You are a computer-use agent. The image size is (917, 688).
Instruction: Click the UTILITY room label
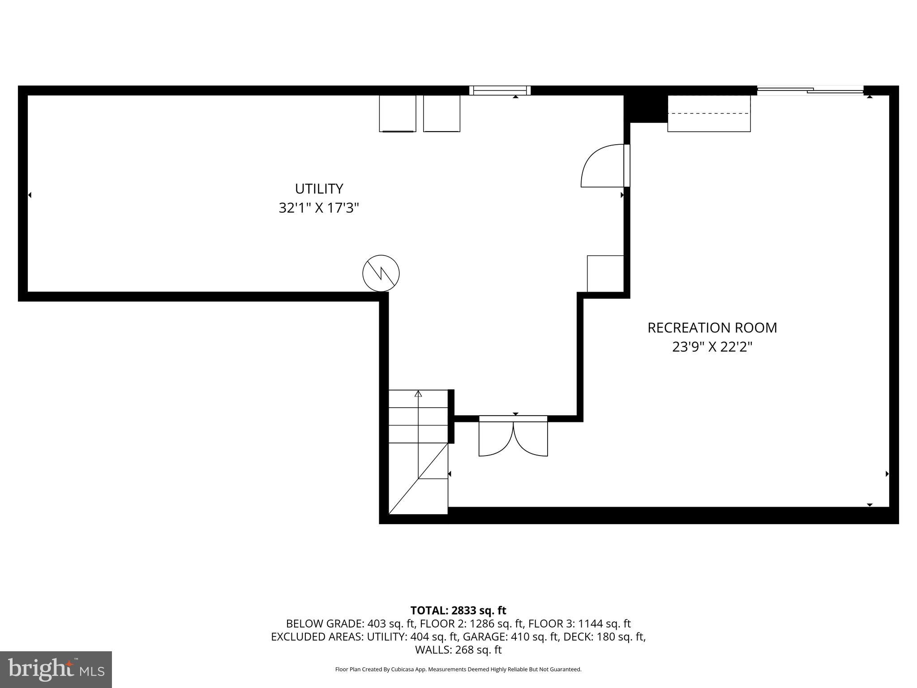coord(319,189)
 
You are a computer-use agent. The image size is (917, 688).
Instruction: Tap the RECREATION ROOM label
coord(712,328)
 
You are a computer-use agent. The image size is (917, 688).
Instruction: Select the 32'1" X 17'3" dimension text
coord(319,208)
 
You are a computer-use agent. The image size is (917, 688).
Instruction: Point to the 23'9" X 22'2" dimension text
coord(712,347)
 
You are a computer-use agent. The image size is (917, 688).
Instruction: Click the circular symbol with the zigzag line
coord(381,273)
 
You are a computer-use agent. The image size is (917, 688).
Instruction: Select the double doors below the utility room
coord(513,437)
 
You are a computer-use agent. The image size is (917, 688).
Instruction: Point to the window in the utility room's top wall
coord(500,90)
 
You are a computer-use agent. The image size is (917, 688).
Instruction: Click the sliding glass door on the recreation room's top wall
coord(810,91)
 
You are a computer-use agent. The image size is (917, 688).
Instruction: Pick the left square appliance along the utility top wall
coord(397,113)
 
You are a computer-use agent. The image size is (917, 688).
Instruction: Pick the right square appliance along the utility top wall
coord(441,113)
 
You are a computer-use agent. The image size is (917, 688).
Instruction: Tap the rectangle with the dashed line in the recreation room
coord(709,113)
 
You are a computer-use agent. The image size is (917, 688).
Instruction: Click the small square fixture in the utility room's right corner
coord(605,274)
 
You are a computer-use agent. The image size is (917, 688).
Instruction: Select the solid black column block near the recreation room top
coord(645,108)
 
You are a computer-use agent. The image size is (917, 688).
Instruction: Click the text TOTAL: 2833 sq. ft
coord(458,611)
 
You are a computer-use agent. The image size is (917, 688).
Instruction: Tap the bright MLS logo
coord(56,669)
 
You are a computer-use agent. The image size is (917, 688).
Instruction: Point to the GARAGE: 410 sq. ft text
coord(510,636)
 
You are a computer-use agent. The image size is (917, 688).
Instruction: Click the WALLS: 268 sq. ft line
coord(458,649)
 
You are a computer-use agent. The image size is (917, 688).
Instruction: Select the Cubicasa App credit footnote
coord(458,670)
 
